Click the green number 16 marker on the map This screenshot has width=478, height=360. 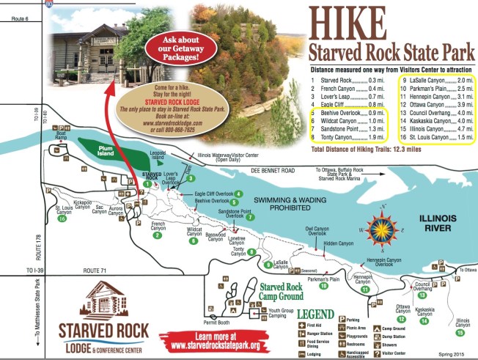[62, 218]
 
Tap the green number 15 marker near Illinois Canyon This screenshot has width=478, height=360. [460, 332]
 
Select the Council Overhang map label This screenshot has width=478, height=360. [422, 286]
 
